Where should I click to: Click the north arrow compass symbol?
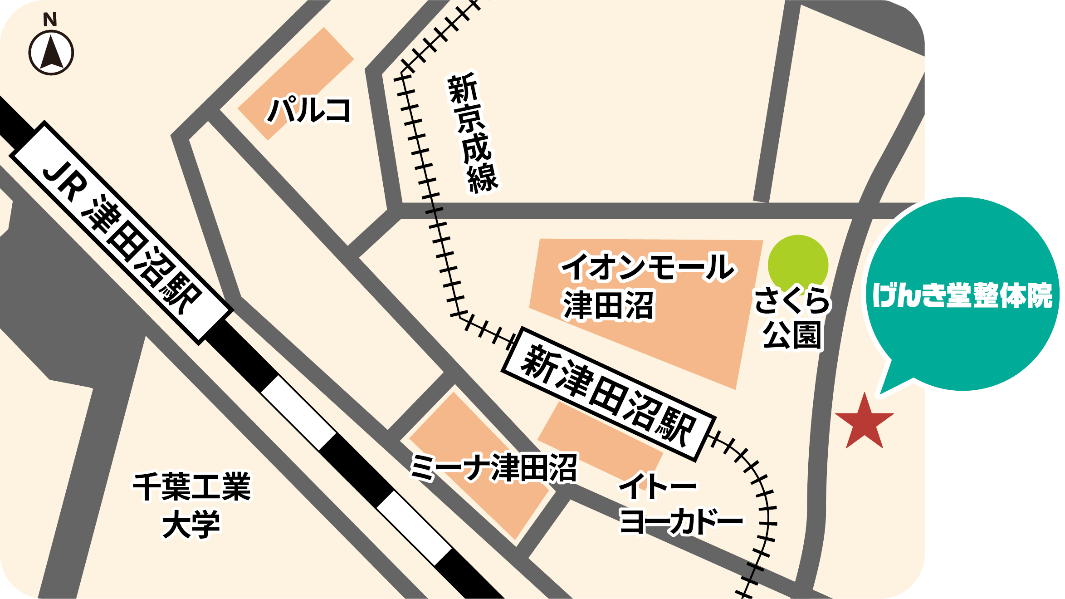(x=51, y=53)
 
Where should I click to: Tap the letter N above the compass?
(x=50, y=20)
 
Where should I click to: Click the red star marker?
(x=864, y=423)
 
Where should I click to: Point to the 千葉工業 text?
(x=191, y=486)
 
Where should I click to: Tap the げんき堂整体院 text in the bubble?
(x=962, y=295)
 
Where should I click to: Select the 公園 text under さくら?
(x=792, y=336)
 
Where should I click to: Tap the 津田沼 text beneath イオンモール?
(x=608, y=305)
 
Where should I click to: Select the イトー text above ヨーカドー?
(x=658, y=486)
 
